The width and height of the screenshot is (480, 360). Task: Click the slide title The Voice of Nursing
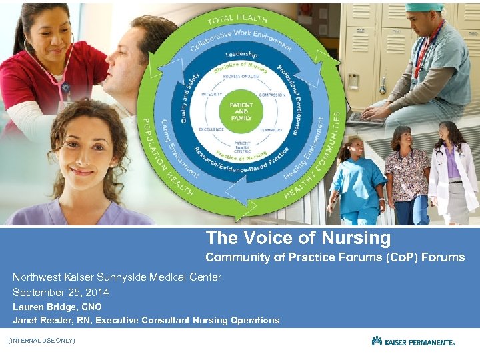pyautogui.click(x=298, y=238)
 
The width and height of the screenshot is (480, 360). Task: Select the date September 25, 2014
pyautogui.click(x=61, y=292)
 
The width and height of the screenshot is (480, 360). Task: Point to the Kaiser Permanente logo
pyautogui.click(x=413, y=341)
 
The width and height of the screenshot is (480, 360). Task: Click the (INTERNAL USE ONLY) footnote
pyautogui.click(x=41, y=341)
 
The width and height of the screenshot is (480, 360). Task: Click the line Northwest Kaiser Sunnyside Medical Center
pyautogui.click(x=117, y=277)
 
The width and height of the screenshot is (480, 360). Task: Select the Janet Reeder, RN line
pyautogui.click(x=146, y=321)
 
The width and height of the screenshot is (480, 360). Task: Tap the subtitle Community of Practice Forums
pyautogui.click(x=335, y=257)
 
